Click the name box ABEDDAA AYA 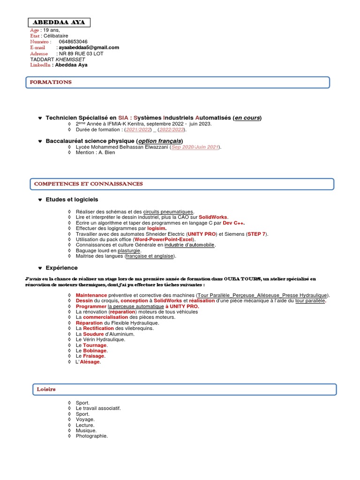59,22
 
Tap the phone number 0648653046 73,42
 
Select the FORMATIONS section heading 51,82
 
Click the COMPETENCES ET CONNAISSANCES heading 89,184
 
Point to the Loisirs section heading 46,389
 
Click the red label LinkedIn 40,65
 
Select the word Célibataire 56,36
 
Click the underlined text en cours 247,118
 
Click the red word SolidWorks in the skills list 213,217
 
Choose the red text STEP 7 256,234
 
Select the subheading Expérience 61,268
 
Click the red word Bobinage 95,351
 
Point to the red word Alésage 91,362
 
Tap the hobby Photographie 91,436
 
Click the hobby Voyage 85,420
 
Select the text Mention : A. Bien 95,152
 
